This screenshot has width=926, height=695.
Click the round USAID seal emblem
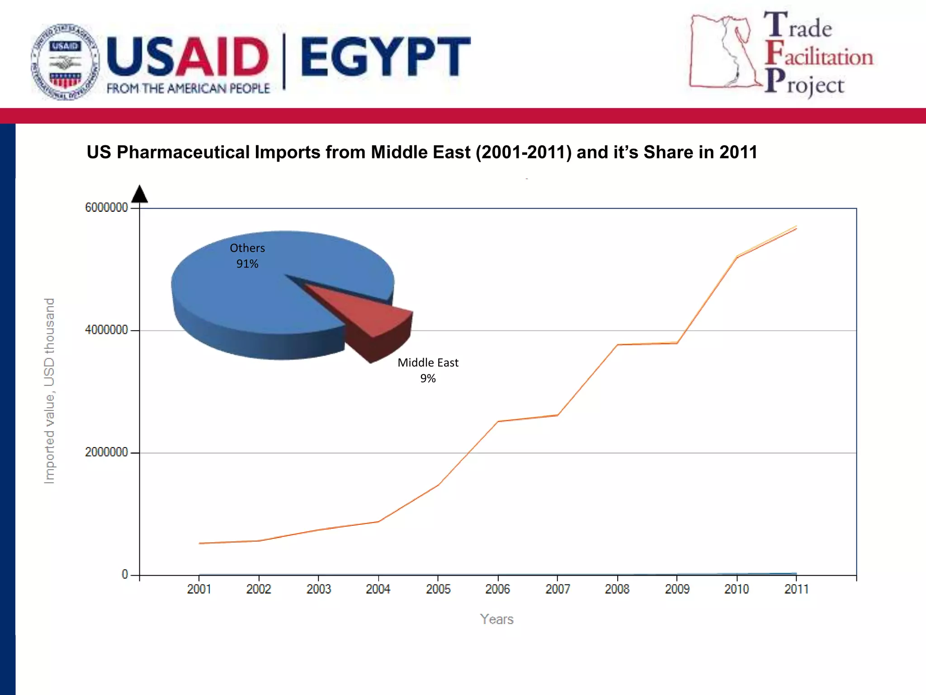pos(65,62)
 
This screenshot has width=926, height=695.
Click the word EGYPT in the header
pos(385,57)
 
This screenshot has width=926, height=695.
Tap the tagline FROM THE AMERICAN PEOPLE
pos(188,88)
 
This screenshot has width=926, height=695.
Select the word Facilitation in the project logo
pos(819,56)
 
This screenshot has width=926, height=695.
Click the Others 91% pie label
pos(247,256)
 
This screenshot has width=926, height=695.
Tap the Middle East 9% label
pos(428,370)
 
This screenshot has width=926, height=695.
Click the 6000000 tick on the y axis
pos(107,208)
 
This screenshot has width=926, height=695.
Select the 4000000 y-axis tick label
pos(107,330)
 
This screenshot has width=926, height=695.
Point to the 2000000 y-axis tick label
pos(107,452)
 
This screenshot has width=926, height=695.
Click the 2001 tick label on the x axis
pos(199,589)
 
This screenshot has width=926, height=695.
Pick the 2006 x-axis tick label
pos(497,589)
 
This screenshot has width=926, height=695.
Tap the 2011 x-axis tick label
pos(796,589)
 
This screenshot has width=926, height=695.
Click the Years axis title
pos(496,619)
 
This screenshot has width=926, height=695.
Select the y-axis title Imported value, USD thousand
pos(49,391)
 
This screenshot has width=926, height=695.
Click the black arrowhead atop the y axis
pos(139,194)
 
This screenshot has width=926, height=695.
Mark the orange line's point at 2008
pos(617,345)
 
